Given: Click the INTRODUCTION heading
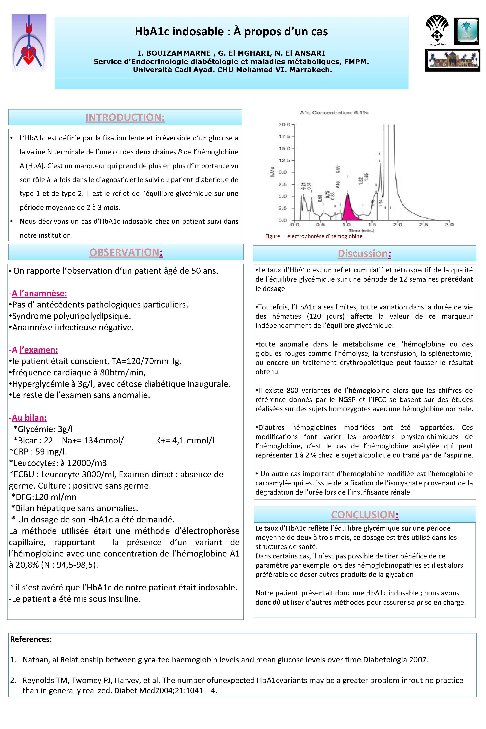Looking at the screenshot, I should click(125, 117).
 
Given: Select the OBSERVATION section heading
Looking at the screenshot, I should click(126, 252).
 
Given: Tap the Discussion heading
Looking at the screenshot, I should click(364, 253).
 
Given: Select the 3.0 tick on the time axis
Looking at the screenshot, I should click(449, 224).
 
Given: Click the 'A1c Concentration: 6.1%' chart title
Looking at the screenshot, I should click(334, 112).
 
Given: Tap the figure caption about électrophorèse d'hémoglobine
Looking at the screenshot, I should click(314, 236).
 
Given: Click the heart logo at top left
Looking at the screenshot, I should click(29, 43).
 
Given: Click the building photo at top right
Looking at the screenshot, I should click(452, 60).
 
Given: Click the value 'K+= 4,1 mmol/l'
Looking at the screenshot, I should click(185, 440).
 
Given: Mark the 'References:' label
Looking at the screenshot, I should click(31, 639).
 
